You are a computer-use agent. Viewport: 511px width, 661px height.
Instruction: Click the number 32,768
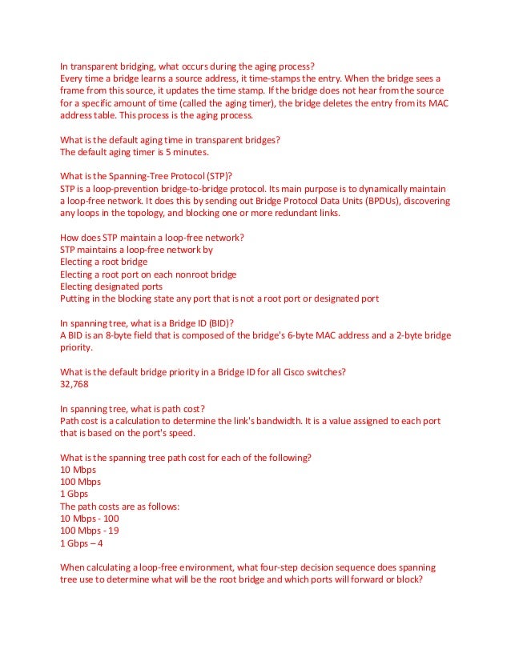pos(74,384)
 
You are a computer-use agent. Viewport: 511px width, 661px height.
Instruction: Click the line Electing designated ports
pos(111,286)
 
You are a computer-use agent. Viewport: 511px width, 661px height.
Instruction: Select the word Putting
pos(77,298)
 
